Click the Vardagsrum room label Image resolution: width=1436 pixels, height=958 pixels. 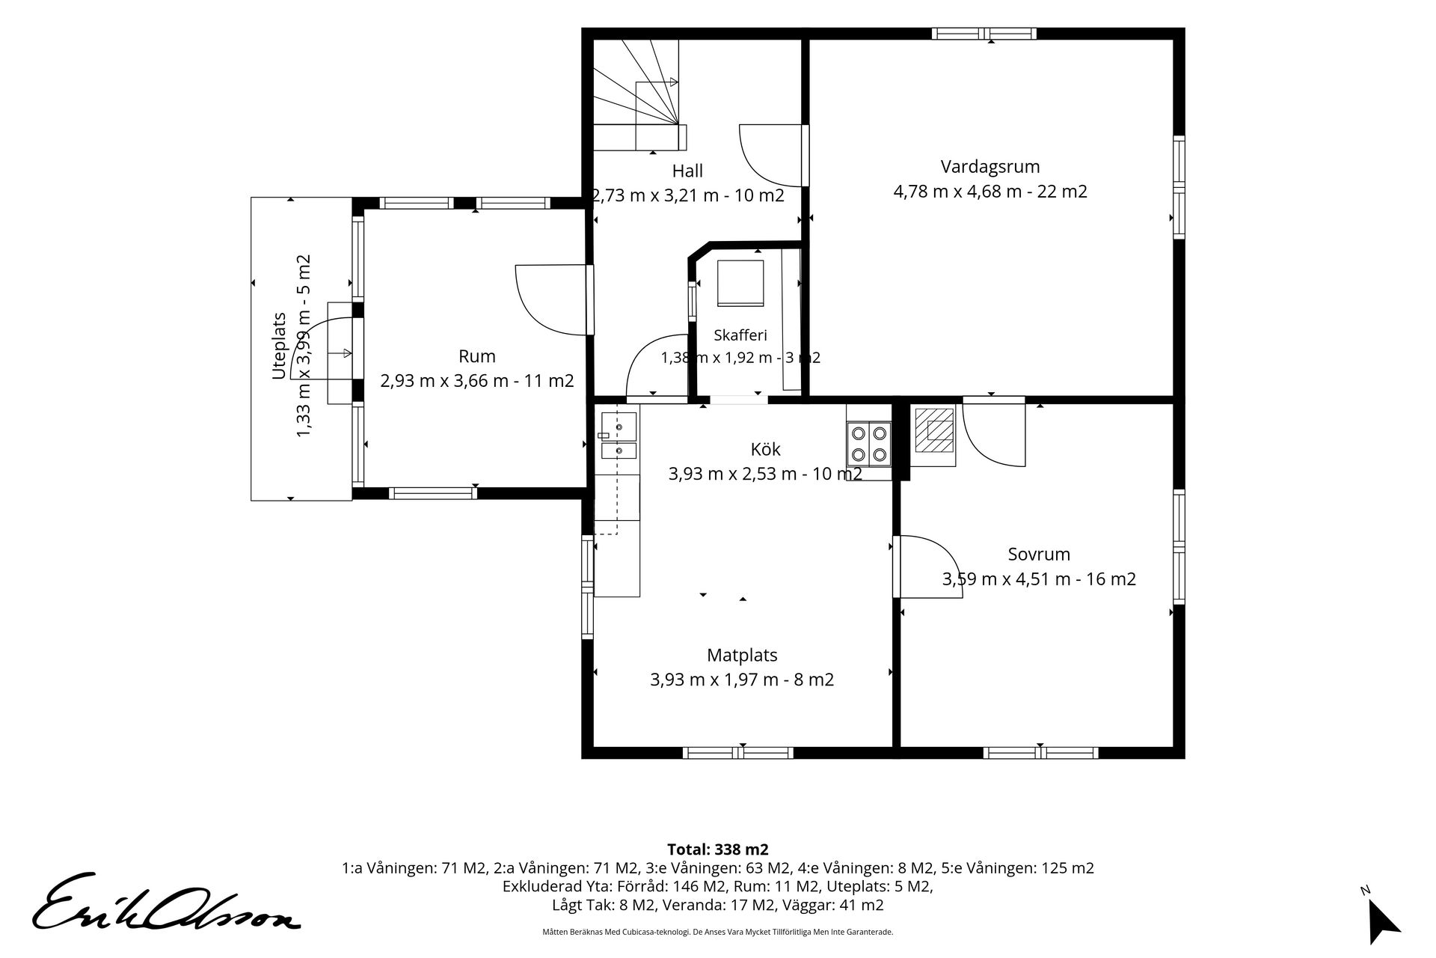990,166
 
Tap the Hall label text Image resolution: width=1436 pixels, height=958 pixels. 687,171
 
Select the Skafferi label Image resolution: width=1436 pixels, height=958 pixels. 740,335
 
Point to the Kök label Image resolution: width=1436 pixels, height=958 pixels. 765,449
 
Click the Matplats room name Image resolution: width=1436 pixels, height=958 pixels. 742,655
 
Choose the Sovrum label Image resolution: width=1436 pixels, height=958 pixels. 1039,555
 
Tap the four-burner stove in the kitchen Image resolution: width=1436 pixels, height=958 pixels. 869,443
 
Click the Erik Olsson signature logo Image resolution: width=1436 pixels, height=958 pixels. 165,902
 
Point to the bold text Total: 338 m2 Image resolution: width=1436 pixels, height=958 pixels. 717,849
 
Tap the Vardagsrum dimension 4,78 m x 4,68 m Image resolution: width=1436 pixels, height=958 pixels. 957,191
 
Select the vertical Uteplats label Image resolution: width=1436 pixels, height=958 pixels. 279,346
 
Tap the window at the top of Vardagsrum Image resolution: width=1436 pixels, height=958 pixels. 984,33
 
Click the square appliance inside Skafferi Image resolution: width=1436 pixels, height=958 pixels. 740,283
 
